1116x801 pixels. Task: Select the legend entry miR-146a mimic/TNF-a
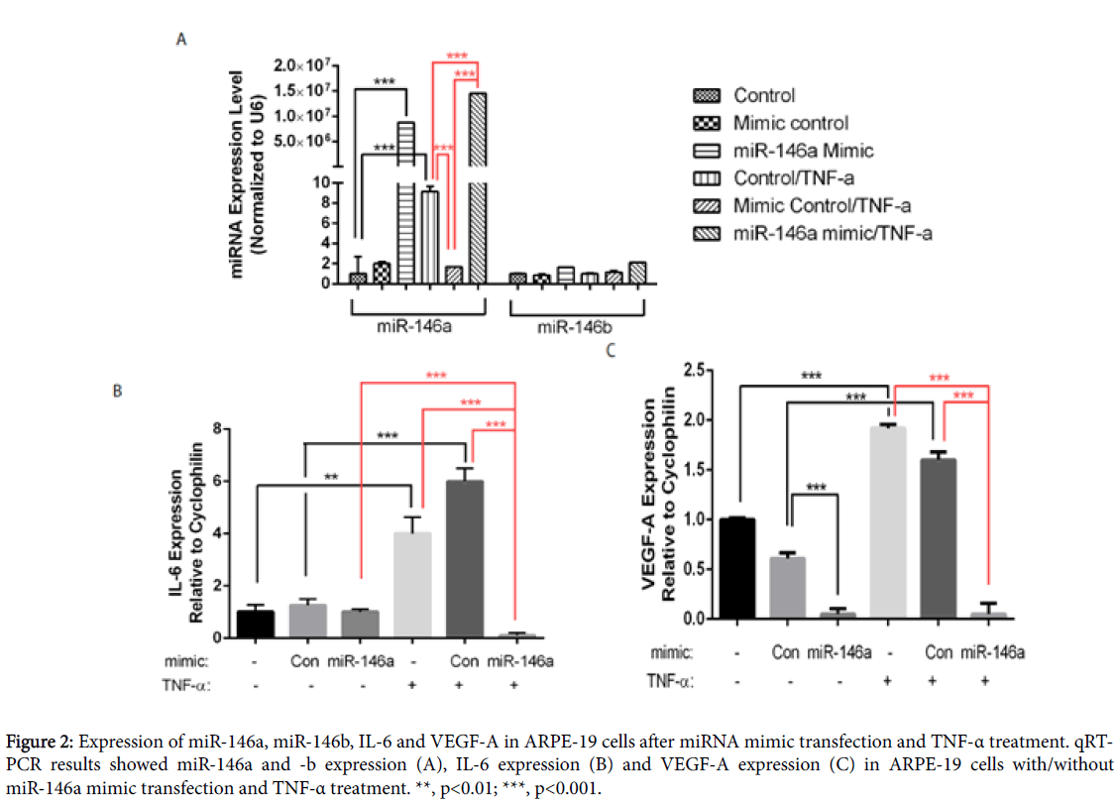pos(833,233)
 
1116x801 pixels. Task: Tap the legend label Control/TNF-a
pos(793,178)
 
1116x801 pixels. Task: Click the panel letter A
pos(181,40)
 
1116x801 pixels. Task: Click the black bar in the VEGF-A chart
pos(737,568)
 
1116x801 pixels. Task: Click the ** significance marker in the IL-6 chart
pos(330,477)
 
